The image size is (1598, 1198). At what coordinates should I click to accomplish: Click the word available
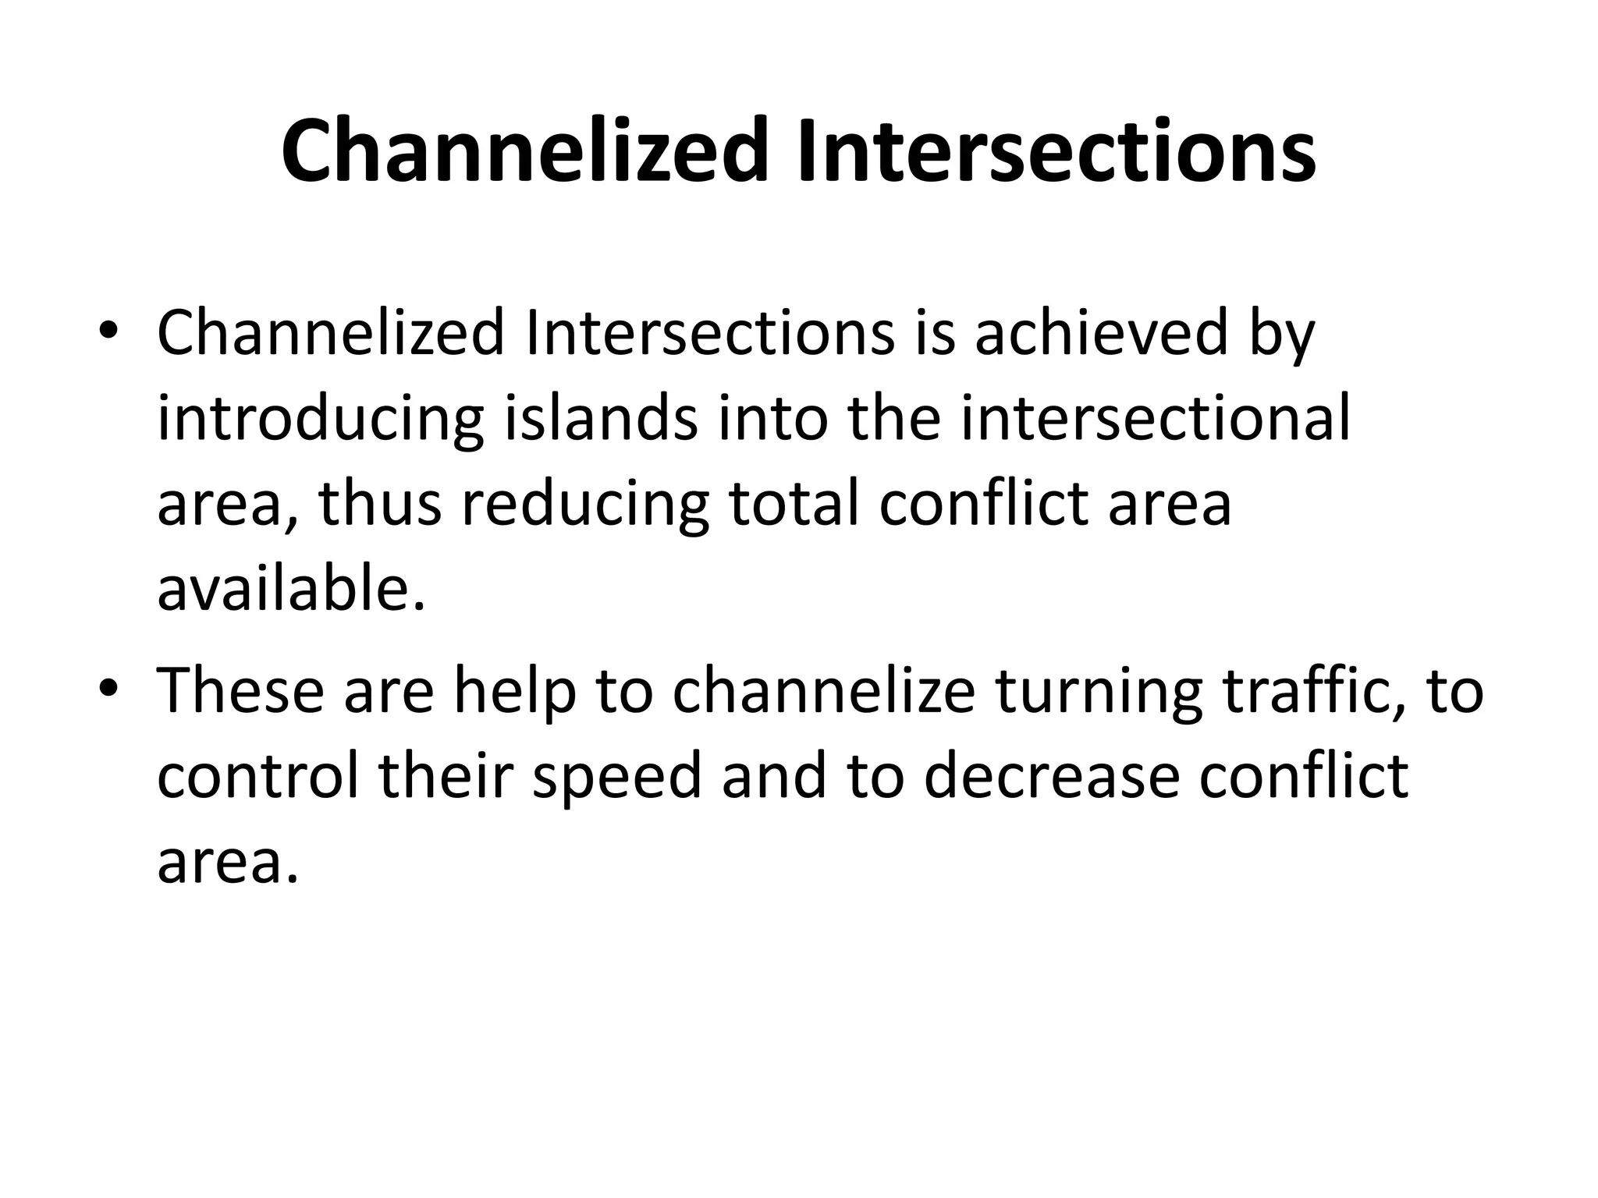coord(291,590)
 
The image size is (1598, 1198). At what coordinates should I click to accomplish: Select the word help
coord(515,693)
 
